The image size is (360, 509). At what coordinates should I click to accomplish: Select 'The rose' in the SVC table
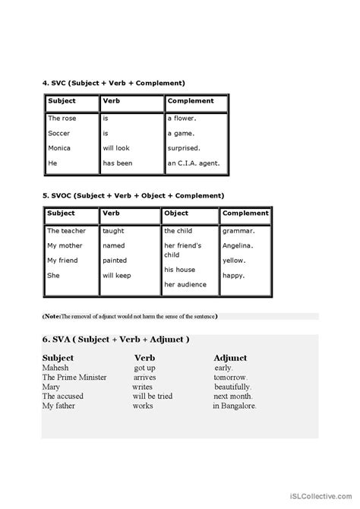tap(62, 119)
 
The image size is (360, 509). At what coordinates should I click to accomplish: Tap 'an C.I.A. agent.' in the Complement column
tap(193, 163)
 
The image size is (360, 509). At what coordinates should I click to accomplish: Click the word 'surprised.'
tap(185, 148)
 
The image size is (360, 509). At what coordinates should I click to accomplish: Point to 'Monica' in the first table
tap(59, 148)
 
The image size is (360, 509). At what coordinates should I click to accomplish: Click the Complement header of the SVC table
tap(191, 101)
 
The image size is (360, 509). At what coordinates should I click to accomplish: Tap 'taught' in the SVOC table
tap(114, 230)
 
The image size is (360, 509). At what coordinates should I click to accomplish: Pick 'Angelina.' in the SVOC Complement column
tap(239, 245)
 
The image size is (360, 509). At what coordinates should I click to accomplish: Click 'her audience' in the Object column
tap(185, 285)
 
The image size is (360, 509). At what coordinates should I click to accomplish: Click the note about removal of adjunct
tap(129, 316)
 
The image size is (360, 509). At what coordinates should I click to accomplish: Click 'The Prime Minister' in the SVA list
tap(74, 377)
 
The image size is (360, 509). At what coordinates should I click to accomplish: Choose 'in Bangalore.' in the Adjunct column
tap(235, 406)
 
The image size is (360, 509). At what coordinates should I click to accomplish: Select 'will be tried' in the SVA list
tap(153, 396)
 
